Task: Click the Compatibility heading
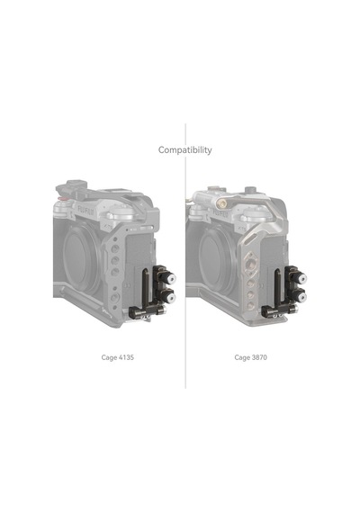click(184, 150)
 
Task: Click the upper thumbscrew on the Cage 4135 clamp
click(169, 279)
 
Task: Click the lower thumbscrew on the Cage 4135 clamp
click(169, 297)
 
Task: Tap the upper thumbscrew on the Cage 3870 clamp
click(301, 279)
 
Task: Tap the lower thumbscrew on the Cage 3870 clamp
click(301, 297)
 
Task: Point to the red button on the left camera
click(61, 198)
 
